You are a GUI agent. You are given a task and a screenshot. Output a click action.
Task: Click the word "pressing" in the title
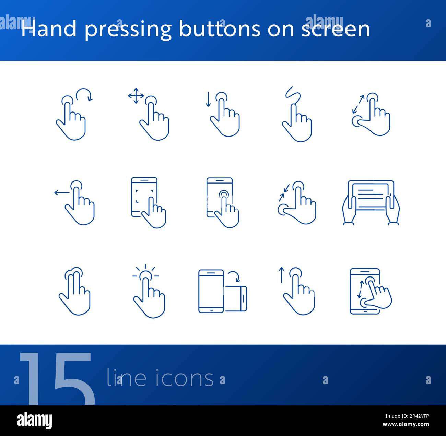click(x=128, y=30)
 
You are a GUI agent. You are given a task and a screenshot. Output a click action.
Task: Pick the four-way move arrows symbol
click(x=136, y=96)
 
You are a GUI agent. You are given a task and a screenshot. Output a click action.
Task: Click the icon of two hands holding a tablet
click(x=371, y=202)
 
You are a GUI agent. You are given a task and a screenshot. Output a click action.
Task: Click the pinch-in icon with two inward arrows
click(x=296, y=202)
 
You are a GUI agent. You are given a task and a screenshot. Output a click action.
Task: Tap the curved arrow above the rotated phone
click(x=234, y=276)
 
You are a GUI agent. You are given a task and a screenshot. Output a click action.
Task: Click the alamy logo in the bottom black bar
click(x=35, y=421)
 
